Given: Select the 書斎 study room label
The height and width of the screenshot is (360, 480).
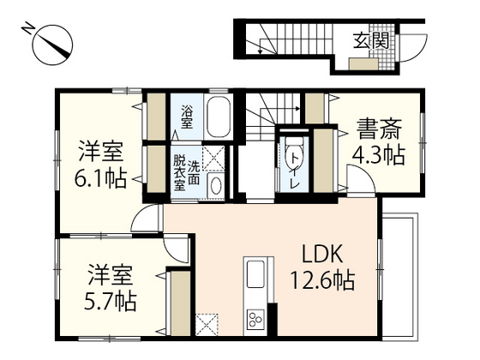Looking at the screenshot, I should pos(376,134).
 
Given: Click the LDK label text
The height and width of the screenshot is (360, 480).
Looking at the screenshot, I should pos(322,254).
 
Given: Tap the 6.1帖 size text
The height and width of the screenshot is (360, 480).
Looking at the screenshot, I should pos(102,180).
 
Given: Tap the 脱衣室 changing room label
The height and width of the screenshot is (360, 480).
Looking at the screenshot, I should pos(179,171).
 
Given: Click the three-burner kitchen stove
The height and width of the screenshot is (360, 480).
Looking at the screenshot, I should pos(255,321).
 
